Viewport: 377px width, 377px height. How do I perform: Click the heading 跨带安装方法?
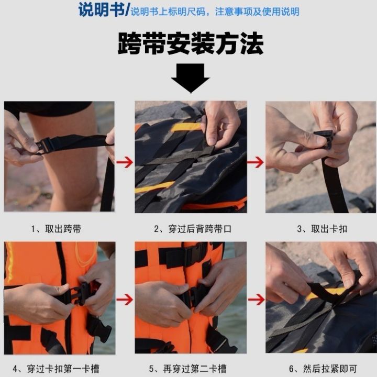pyautogui.click(x=190, y=45)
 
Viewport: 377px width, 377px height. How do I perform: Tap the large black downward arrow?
pyautogui.click(x=190, y=77)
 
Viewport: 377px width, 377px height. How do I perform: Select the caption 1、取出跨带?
pyautogui.click(x=56, y=229)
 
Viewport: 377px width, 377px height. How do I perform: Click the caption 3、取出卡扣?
pyautogui.click(x=323, y=229)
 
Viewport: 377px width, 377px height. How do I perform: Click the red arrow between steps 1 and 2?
pyautogui.click(x=125, y=163)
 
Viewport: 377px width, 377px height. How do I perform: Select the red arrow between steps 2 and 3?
pyautogui.click(x=256, y=163)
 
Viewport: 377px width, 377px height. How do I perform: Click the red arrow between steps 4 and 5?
pyautogui.click(x=125, y=300)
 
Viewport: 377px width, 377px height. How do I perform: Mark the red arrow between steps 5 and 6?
pyautogui.click(x=256, y=300)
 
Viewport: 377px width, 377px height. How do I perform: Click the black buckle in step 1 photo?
pyautogui.click(x=46, y=145)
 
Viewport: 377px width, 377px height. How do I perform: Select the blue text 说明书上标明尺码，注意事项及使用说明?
pyautogui.click(x=215, y=12)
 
